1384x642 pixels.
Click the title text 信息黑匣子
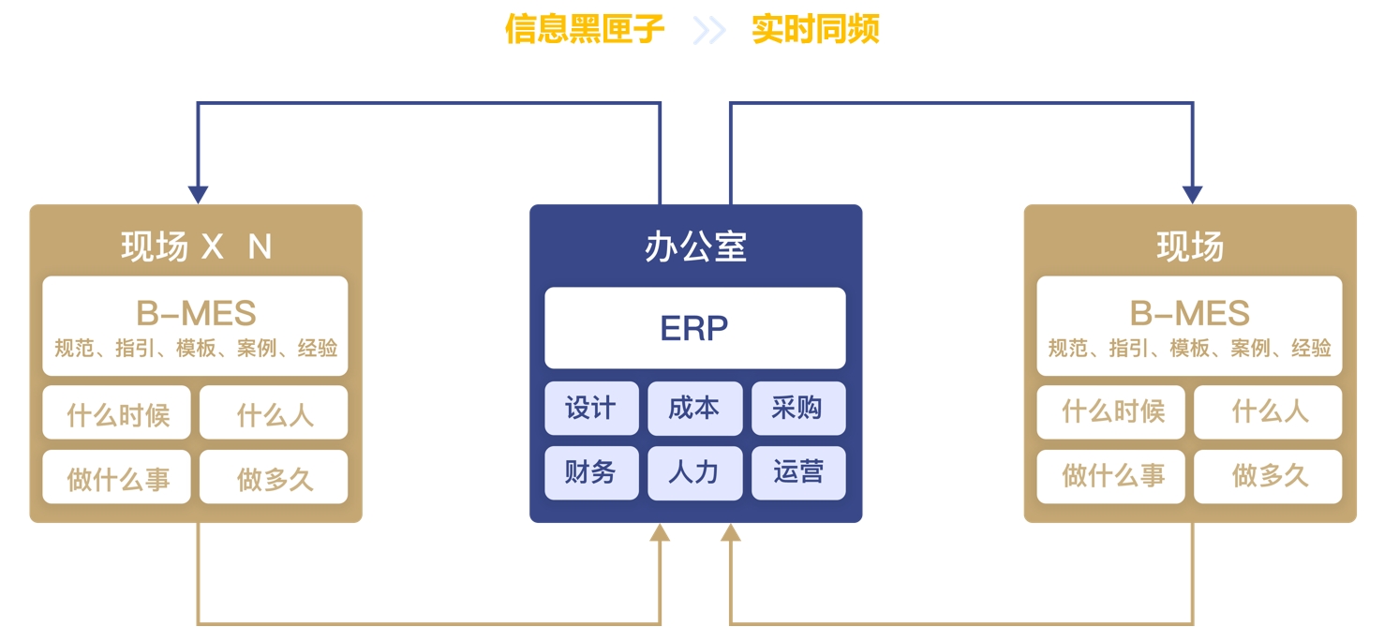pos(585,29)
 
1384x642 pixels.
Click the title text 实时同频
pos(815,29)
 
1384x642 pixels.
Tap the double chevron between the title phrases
pos(708,30)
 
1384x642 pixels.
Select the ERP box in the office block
pos(695,328)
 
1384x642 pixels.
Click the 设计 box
pos(591,408)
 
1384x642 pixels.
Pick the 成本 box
pos(694,408)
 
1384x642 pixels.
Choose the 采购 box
pos(798,408)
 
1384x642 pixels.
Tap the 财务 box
pos(591,472)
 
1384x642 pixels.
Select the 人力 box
pos(694,472)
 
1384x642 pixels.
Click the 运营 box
pos(798,472)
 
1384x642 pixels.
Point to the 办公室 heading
pos(695,246)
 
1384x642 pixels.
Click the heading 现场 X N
pos(197,246)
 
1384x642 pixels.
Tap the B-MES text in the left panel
pos(196,313)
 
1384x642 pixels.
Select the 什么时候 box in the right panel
pos(1111,412)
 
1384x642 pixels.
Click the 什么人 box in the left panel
pos(274,412)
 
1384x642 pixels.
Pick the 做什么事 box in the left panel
pos(117,476)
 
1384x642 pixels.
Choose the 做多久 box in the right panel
pos(1268,476)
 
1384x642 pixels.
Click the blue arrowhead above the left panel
pos(198,195)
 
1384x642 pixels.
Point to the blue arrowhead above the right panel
pos(1193,195)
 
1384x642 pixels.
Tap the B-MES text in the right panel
pos(1189,313)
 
